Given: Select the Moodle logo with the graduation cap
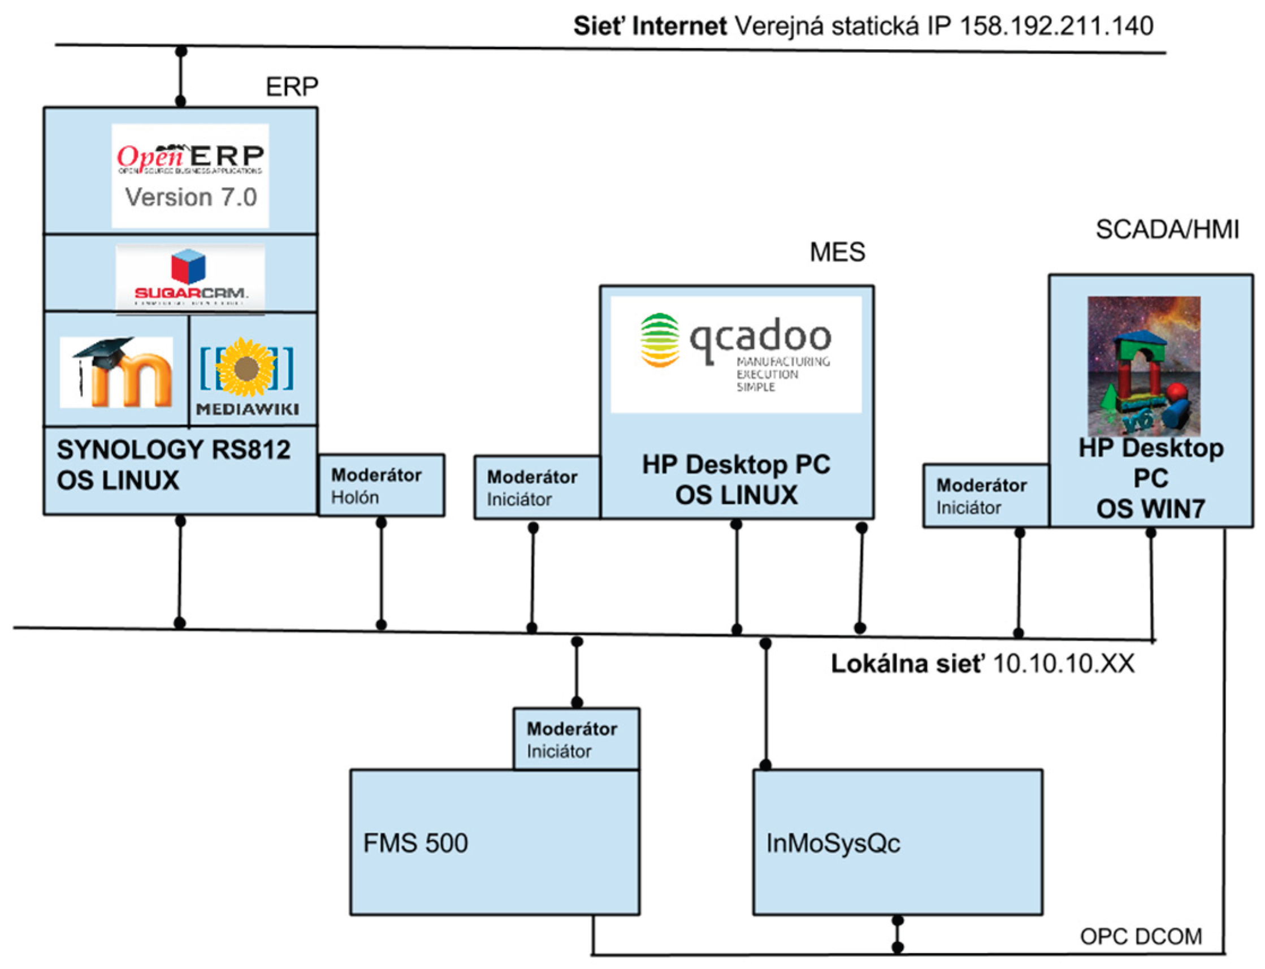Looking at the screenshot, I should pyautogui.click(x=116, y=372).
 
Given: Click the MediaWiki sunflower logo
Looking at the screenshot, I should pyautogui.click(x=248, y=375).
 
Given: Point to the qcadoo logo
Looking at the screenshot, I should pyautogui.click(x=736, y=354).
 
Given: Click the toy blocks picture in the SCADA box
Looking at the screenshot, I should pyautogui.click(x=1143, y=366).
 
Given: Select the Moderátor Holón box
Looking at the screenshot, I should pyautogui.click(x=381, y=485).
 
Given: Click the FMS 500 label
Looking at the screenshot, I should pyautogui.click(x=415, y=843).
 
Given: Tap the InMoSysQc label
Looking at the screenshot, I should pyautogui.click(x=833, y=843).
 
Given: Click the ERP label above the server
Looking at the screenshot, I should pyautogui.click(x=292, y=87).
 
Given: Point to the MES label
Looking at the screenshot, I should pyautogui.click(x=837, y=252).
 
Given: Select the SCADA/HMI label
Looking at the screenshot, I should pyautogui.click(x=1167, y=230).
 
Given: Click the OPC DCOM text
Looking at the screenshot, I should pyautogui.click(x=1141, y=937).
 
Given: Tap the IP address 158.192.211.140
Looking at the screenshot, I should pyautogui.click(x=1056, y=26).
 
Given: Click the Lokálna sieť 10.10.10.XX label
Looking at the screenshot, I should pyautogui.click(x=982, y=664).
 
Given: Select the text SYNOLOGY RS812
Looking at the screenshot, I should pyautogui.click(x=174, y=450).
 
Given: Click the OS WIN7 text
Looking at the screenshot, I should pyautogui.click(x=1150, y=509).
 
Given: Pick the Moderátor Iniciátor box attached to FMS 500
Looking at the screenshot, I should pyautogui.click(x=576, y=739).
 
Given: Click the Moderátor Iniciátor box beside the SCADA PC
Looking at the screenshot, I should pyautogui.click(x=985, y=496).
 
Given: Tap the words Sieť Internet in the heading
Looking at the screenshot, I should pyautogui.click(x=649, y=26).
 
